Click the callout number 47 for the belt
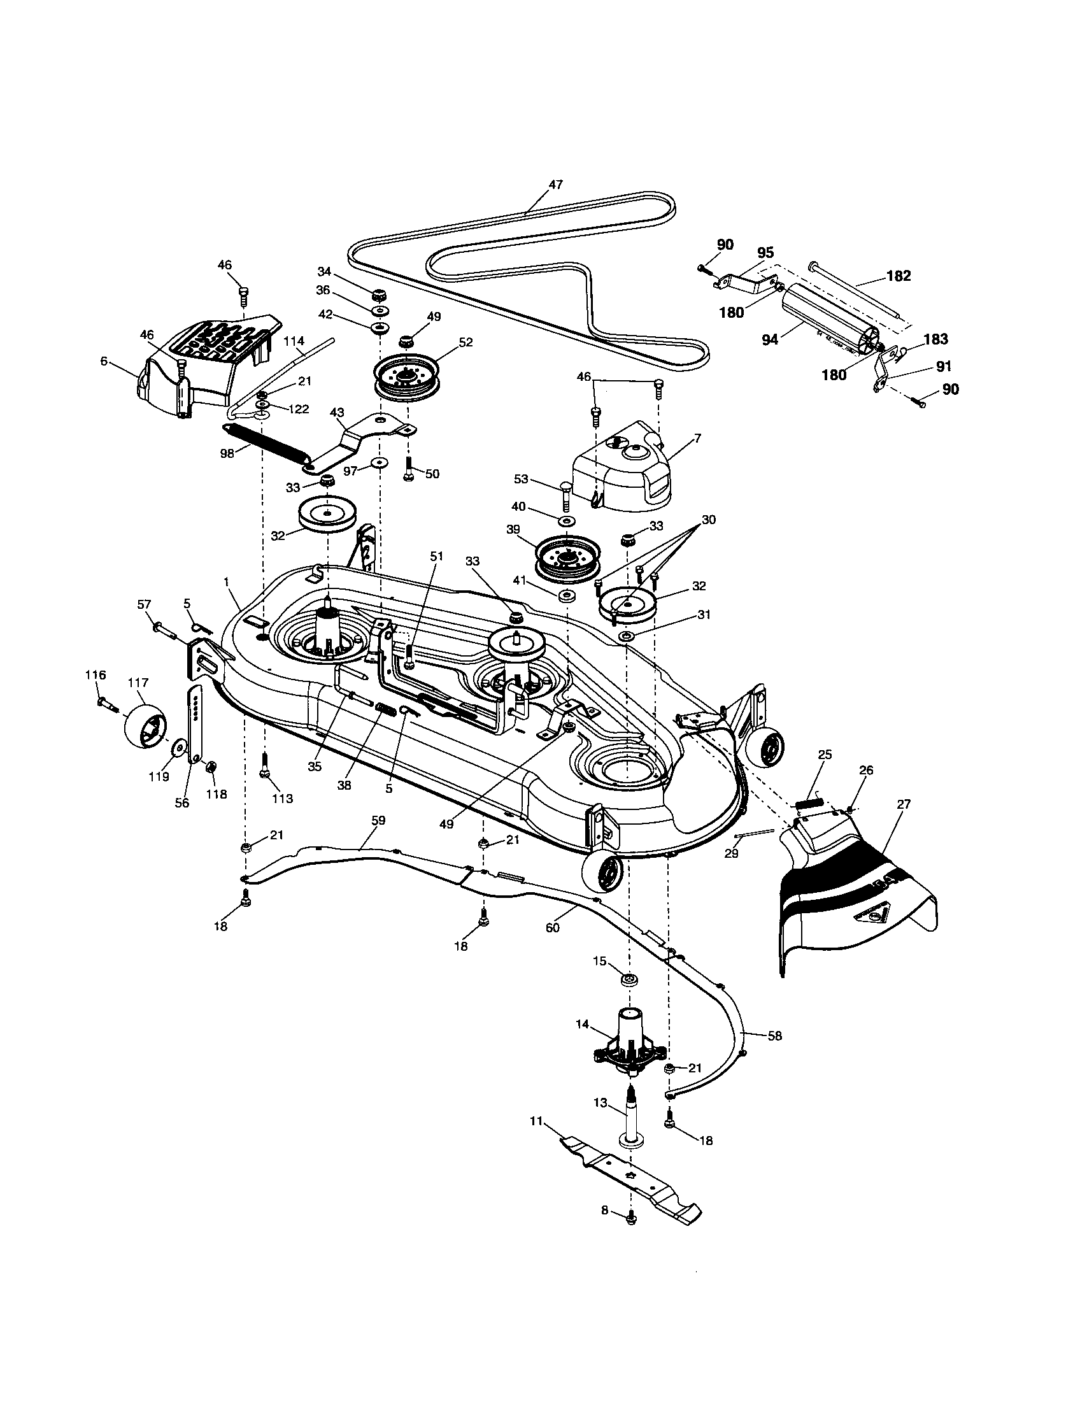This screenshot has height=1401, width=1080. pos(555,185)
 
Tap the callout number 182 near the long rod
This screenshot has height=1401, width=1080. pos(899,276)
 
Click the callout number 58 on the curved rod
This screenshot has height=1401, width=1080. pos(775,1035)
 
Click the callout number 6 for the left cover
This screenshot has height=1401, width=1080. pos(104,361)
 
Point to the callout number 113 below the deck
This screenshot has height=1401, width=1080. pos(282,798)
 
